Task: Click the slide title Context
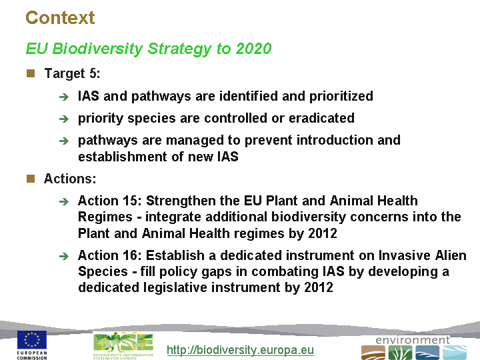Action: [x=60, y=17]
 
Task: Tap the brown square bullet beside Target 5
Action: [x=31, y=73]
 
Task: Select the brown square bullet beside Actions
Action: [x=31, y=179]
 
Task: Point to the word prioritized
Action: [x=341, y=97]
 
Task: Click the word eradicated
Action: [x=321, y=118]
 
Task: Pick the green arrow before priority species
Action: [x=64, y=119]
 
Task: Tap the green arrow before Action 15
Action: [x=64, y=201]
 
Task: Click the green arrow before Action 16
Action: [x=64, y=256]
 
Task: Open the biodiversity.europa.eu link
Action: [x=240, y=349]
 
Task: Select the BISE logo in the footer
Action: [x=123, y=346]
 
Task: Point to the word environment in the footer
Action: [x=413, y=340]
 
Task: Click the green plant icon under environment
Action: [x=400, y=353]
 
